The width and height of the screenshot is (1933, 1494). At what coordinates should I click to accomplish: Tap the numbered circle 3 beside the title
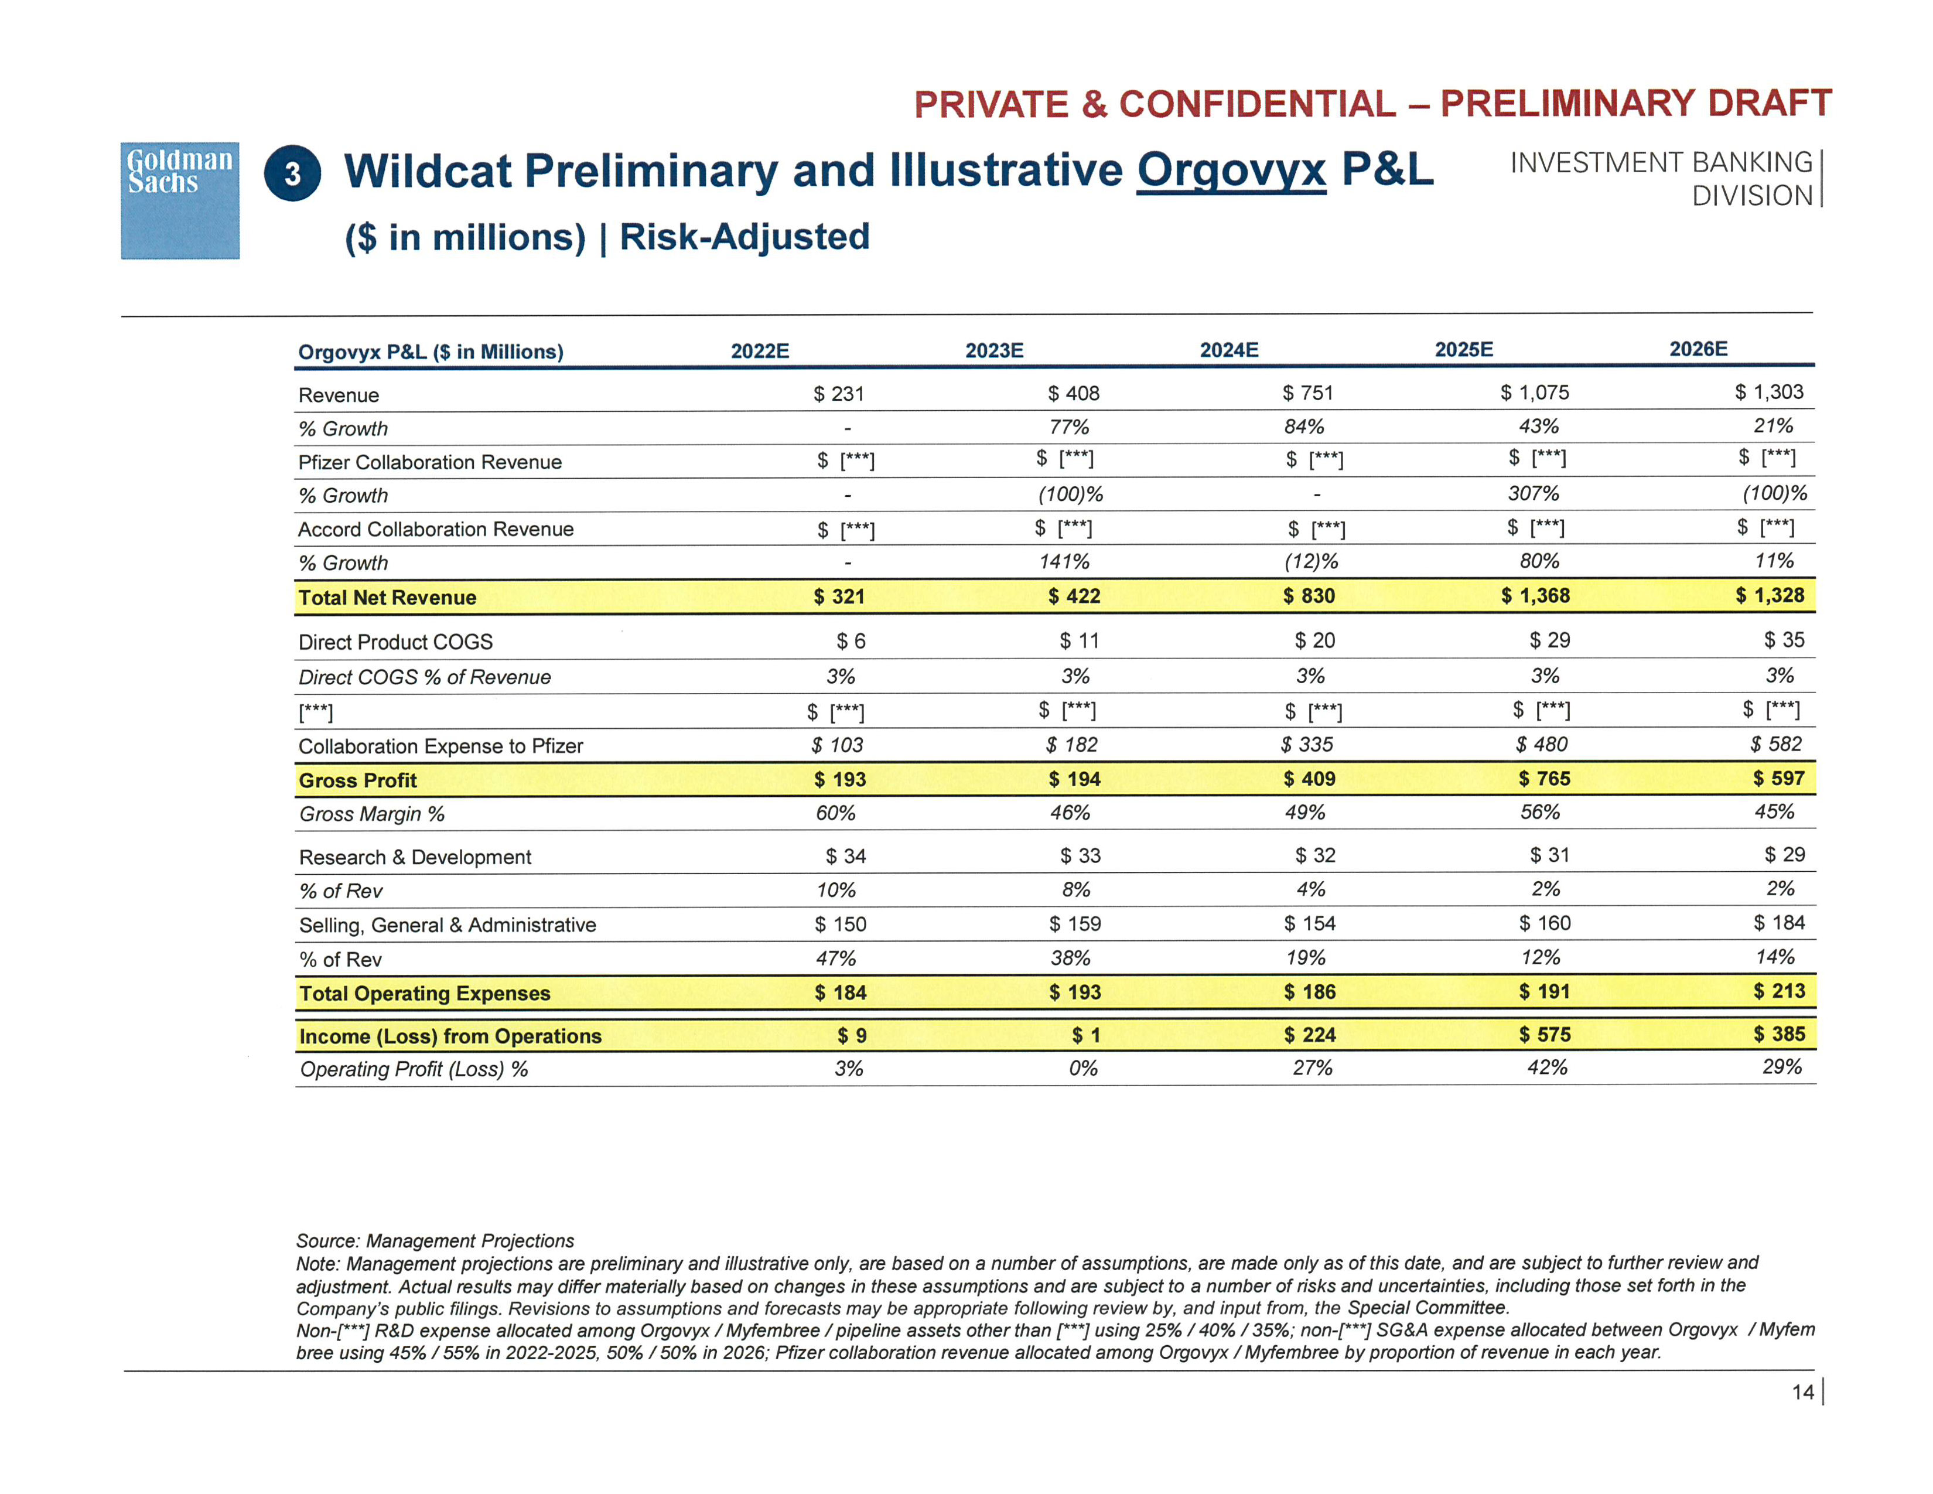(x=292, y=173)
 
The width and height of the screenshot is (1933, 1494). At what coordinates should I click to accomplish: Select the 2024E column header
(x=1228, y=350)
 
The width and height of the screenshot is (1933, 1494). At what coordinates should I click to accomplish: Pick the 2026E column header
(x=1698, y=349)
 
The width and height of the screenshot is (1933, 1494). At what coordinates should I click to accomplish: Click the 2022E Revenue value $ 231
(x=838, y=394)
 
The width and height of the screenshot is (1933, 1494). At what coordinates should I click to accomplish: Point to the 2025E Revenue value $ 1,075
(x=1535, y=392)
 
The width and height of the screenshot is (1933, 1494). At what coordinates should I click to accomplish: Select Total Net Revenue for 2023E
(x=1074, y=596)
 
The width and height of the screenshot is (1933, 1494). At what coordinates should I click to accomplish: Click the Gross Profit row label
(x=357, y=780)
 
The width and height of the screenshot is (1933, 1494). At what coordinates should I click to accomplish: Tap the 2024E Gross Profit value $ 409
(x=1309, y=779)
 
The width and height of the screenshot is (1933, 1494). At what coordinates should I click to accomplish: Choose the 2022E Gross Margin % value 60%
(x=835, y=813)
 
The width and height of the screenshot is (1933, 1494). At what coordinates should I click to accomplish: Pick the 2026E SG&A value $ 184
(x=1779, y=922)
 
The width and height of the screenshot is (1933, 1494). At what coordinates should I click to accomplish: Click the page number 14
(x=1802, y=1392)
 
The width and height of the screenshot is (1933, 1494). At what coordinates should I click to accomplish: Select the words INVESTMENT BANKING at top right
(x=1661, y=163)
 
